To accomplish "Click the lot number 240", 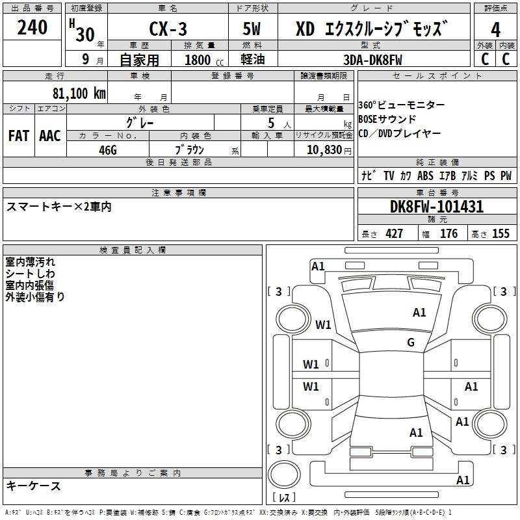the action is pyautogui.click(x=32, y=27).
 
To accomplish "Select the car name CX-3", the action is pyautogui.click(x=168, y=29).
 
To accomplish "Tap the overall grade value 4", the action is pyautogui.click(x=495, y=30).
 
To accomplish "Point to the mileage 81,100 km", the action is pyautogui.click(x=79, y=93).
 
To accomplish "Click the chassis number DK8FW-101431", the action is pyautogui.click(x=437, y=207).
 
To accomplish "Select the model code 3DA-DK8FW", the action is pyautogui.click(x=372, y=60).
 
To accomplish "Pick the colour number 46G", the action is pyautogui.click(x=108, y=150).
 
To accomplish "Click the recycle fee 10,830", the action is pyautogui.click(x=324, y=149).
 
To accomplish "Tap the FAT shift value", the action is pyautogui.click(x=19, y=136).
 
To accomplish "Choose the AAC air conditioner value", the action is pyautogui.click(x=50, y=136).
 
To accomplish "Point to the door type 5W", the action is pyautogui.click(x=252, y=29).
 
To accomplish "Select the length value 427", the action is pyautogui.click(x=394, y=233).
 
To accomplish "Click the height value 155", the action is pyautogui.click(x=500, y=233).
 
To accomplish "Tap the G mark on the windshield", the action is pyautogui.click(x=411, y=342).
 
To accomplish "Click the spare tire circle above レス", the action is pyautogui.click(x=284, y=475).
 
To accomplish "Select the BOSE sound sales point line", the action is pyautogui.click(x=387, y=119).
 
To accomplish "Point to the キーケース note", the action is pyautogui.click(x=33, y=486).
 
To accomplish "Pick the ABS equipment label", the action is pyautogui.click(x=425, y=175).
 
